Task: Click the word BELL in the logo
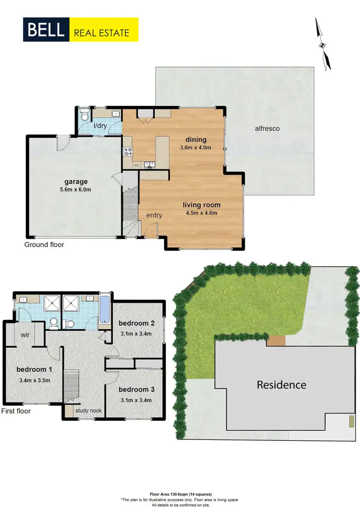[x=46, y=29]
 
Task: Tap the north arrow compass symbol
[x=323, y=44]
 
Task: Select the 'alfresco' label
[x=267, y=129]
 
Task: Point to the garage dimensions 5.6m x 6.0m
[x=77, y=189]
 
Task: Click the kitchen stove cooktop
[x=129, y=152]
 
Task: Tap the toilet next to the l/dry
[x=84, y=115]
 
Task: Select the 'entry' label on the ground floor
[x=154, y=215]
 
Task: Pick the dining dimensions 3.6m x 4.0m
[x=195, y=148]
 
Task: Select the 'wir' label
[x=25, y=335]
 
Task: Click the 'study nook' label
[x=88, y=411]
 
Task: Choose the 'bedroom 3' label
[x=136, y=390]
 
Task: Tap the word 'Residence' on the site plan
[x=281, y=385]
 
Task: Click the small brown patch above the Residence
[x=276, y=341]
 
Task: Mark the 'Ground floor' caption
[x=44, y=245]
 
